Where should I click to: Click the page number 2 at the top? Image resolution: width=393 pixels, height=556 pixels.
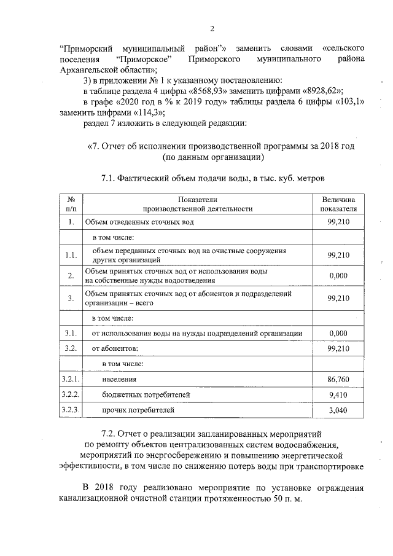coord(212,28)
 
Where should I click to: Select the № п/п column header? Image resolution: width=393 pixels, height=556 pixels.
coord(71,204)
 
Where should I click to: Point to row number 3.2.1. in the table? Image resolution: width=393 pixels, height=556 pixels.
coord(71,380)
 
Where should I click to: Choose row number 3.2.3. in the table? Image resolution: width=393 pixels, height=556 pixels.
coord(71,409)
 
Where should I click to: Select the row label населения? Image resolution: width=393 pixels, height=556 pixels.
coord(119,380)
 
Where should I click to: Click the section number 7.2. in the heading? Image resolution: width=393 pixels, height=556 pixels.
coord(113,434)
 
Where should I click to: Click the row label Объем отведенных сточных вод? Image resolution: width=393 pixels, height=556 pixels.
coord(139,222)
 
